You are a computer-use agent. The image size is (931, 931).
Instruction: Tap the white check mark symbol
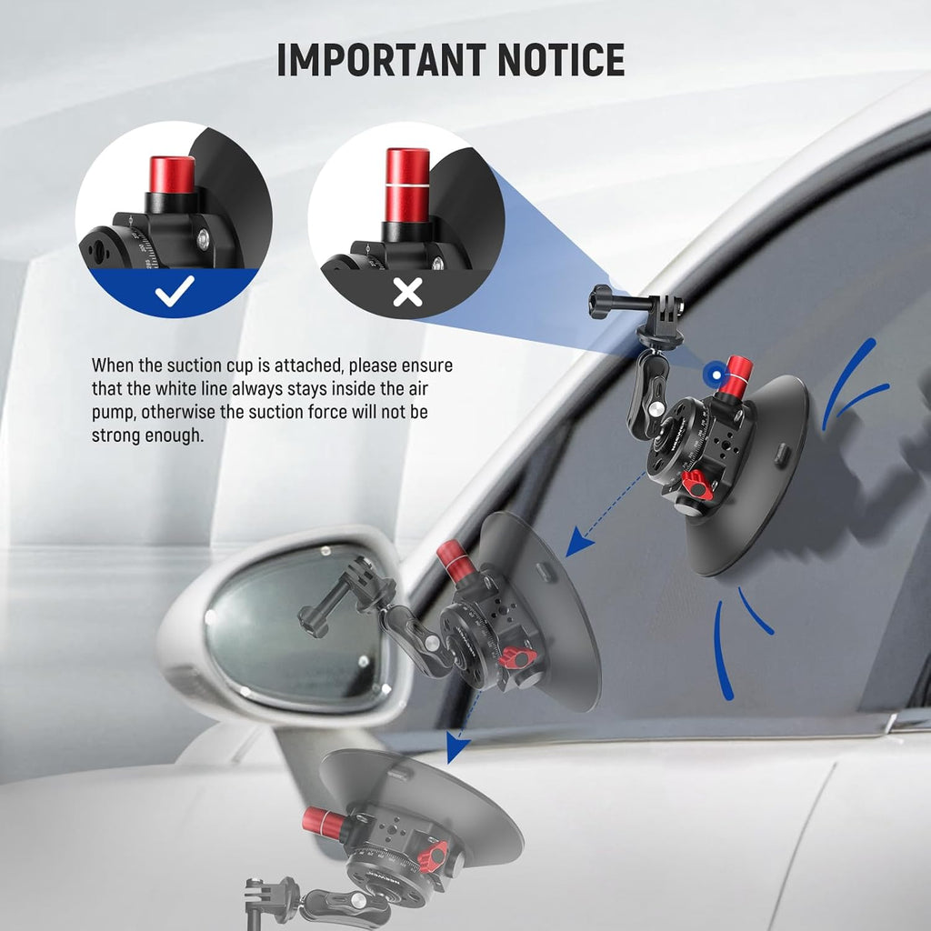tap(174, 291)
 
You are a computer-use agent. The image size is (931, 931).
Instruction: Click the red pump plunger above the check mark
tap(173, 175)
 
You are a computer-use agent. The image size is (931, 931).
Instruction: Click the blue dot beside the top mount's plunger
tap(719, 373)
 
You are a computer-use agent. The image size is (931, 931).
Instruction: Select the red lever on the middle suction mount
tap(519, 655)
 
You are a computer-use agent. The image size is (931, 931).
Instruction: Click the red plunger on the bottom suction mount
tap(325, 822)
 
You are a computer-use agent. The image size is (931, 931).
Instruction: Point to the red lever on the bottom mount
tap(434, 855)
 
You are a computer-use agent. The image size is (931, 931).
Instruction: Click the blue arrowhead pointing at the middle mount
tap(577, 545)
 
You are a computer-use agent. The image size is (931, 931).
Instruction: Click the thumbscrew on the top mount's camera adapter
tap(602, 296)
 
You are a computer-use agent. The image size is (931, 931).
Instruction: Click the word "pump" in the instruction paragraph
tap(111, 412)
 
